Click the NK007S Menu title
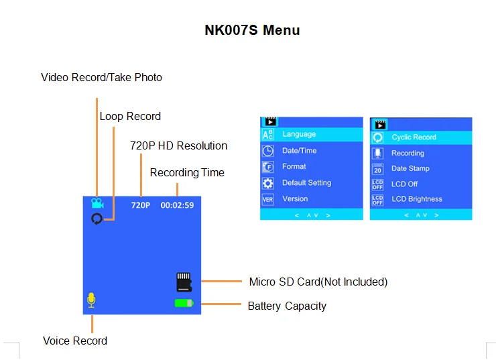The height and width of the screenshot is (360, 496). click(x=252, y=30)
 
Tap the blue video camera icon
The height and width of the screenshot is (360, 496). click(x=98, y=203)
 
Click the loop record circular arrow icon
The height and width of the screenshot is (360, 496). click(x=97, y=219)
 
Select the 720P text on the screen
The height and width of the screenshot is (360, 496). click(x=141, y=205)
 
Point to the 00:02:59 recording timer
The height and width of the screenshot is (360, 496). click(x=177, y=205)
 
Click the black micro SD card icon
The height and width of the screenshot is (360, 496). click(x=184, y=282)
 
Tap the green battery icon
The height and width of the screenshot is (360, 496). click(x=184, y=303)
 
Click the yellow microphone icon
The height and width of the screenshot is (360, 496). click(x=91, y=300)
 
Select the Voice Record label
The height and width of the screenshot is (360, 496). click(x=75, y=341)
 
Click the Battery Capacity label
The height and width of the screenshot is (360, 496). click(x=287, y=306)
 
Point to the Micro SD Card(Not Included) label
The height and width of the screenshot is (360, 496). click(x=318, y=282)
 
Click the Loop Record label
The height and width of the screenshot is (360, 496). click(x=130, y=116)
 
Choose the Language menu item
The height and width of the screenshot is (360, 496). click(x=299, y=134)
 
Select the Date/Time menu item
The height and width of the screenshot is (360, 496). click(x=299, y=150)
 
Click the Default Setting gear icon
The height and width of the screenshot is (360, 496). click(x=268, y=183)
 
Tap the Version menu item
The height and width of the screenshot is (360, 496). click(x=295, y=198)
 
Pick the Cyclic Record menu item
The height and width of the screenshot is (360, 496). click(x=414, y=137)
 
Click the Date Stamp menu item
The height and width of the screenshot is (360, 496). click(x=410, y=168)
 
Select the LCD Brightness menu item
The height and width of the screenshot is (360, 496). click(x=417, y=199)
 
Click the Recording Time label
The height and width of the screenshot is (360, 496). click(x=187, y=172)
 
